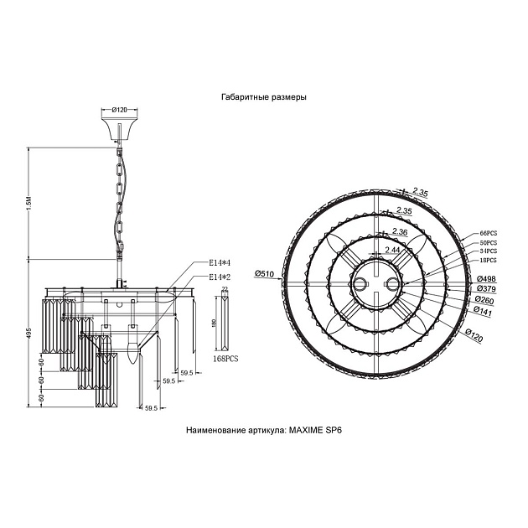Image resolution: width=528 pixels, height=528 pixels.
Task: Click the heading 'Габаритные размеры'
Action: (x=263, y=97)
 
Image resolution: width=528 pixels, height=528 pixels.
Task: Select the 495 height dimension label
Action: (x=28, y=335)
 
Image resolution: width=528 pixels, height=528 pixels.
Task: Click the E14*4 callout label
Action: (x=220, y=263)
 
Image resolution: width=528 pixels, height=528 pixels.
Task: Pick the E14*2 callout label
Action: (x=220, y=277)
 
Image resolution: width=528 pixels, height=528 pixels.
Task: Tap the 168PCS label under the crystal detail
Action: (x=225, y=358)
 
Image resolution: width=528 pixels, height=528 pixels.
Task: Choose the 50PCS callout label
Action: (x=489, y=242)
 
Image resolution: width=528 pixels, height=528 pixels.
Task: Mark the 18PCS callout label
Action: (x=489, y=261)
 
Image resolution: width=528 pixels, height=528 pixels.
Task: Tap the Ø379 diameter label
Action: (x=485, y=289)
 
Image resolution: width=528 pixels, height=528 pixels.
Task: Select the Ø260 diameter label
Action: (x=484, y=299)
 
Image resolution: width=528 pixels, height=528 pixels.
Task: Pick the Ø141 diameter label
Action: (x=484, y=310)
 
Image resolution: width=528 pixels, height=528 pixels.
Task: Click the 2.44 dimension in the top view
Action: (x=391, y=250)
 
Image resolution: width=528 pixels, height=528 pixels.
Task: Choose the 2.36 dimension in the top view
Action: (x=400, y=231)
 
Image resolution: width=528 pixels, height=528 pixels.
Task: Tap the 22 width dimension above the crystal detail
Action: (x=224, y=288)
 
